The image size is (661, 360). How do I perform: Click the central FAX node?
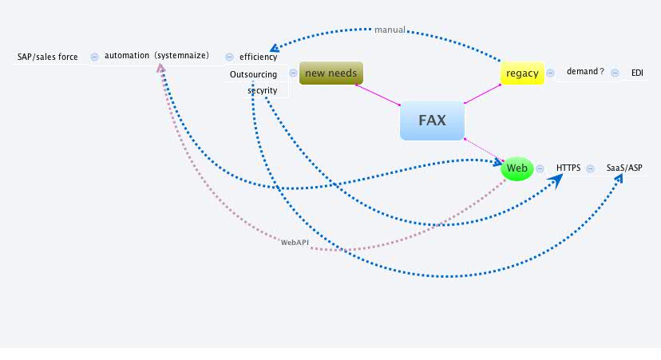(432, 121)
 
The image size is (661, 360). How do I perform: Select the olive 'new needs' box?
(330, 73)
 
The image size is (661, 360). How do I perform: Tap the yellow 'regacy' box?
(522, 73)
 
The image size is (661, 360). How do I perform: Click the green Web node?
(517, 168)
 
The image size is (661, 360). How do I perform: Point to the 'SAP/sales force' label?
(48, 57)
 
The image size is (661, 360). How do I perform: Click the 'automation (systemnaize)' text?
(156, 56)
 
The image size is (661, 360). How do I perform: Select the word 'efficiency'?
(258, 57)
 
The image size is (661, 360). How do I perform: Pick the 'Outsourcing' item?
(253, 74)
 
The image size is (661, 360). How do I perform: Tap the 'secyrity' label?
(262, 90)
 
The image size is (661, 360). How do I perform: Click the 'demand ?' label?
(585, 72)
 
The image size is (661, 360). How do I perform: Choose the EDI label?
(636, 73)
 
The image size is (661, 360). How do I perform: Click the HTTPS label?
(568, 168)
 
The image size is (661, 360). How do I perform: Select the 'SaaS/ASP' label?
(624, 168)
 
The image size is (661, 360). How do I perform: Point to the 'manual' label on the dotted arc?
(390, 30)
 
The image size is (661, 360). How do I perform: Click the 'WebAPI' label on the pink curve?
(295, 241)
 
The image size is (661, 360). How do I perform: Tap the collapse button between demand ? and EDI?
(615, 73)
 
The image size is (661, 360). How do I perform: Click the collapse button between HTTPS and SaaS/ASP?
(590, 168)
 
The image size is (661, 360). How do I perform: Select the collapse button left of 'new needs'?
(293, 73)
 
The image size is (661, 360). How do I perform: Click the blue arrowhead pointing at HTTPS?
(556, 180)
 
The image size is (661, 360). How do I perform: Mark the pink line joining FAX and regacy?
(482, 93)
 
